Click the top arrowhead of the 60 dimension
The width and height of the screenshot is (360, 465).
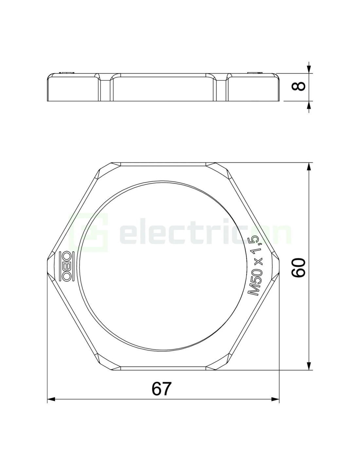(x=309, y=167)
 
